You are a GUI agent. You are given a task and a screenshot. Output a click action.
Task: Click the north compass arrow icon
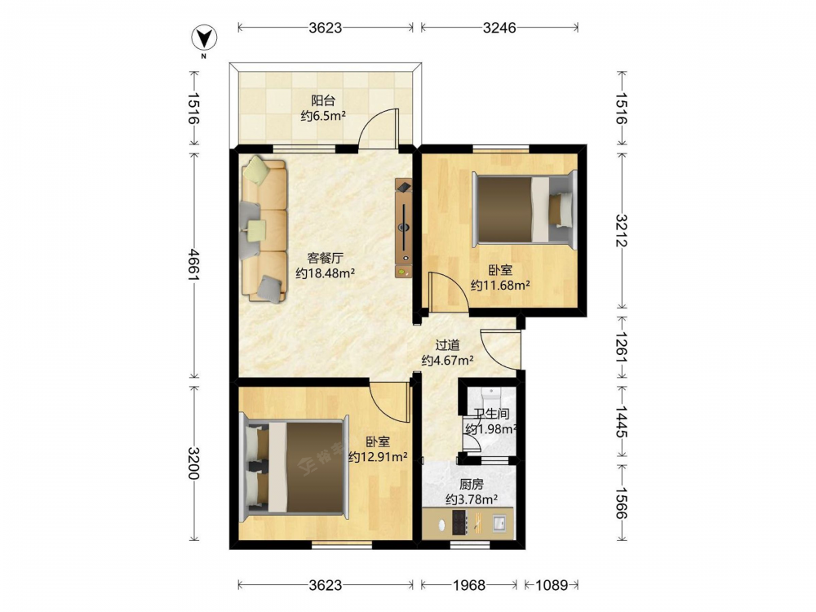click(x=205, y=38)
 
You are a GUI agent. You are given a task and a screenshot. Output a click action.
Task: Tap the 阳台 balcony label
click(x=323, y=100)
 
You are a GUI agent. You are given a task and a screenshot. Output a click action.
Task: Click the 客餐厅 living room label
click(x=326, y=258)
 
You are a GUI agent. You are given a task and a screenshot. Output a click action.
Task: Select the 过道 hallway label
click(x=447, y=344)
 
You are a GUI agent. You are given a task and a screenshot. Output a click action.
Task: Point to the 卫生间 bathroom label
click(x=491, y=415)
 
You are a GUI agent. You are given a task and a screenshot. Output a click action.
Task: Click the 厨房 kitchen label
click(x=472, y=485)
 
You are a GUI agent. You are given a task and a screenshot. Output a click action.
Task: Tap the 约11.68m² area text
click(x=501, y=285)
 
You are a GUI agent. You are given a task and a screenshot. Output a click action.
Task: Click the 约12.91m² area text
click(x=378, y=457)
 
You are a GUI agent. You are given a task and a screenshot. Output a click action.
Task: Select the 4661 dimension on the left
click(x=193, y=265)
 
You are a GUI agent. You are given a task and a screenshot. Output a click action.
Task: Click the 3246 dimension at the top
click(x=499, y=28)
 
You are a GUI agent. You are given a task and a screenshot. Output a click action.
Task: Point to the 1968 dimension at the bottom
click(x=469, y=585)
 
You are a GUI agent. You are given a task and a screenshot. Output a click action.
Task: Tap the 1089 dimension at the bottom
click(x=552, y=585)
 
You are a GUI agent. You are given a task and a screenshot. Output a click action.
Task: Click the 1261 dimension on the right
click(x=622, y=347)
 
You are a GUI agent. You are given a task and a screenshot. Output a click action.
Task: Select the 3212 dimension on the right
click(x=622, y=231)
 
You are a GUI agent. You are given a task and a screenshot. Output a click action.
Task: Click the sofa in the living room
click(x=264, y=229)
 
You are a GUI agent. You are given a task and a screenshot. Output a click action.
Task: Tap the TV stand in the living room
click(x=404, y=228)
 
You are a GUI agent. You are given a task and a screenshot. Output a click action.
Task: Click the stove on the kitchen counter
click(x=459, y=522)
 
